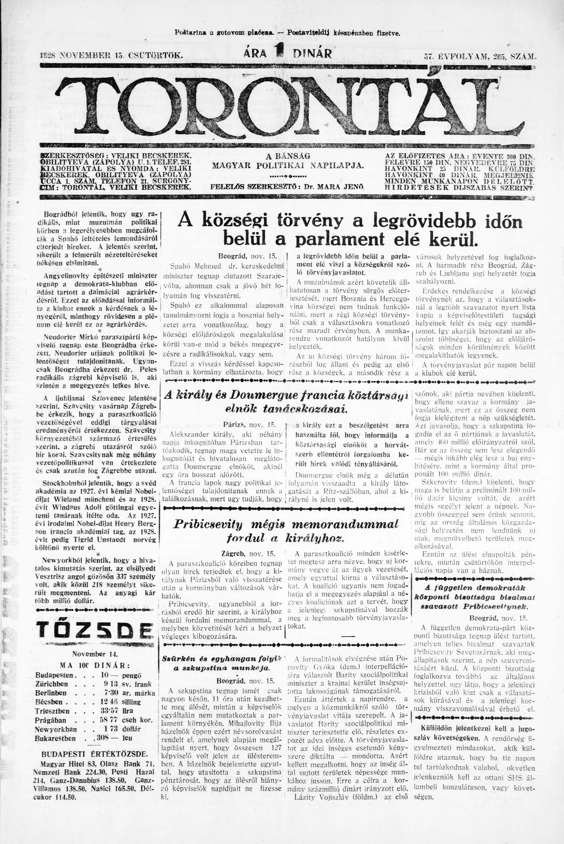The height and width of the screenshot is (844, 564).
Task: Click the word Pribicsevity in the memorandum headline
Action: (208, 524)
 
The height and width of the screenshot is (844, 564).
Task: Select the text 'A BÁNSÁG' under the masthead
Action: (288, 157)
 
